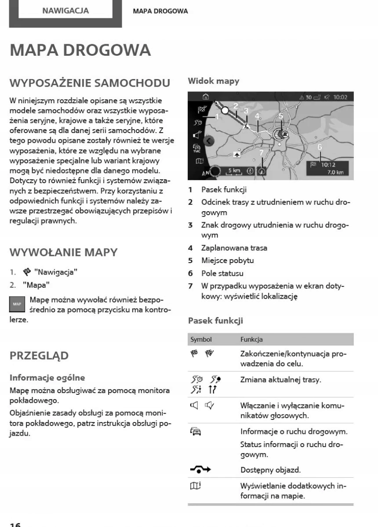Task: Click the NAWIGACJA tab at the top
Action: (65, 11)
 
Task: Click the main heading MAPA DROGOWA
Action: (80, 50)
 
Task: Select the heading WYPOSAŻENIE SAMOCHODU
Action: (90, 83)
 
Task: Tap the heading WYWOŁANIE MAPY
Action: (63, 253)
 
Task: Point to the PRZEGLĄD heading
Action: (39, 356)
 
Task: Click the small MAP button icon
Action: (17, 304)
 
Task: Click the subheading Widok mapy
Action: (213, 81)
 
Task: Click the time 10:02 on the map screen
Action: (340, 97)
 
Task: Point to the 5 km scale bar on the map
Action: (234, 171)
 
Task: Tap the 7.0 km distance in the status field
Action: (335, 173)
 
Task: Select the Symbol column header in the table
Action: (201, 339)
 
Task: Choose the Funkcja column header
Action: (251, 339)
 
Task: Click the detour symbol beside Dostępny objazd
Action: (200, 469)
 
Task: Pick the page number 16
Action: (15, 524)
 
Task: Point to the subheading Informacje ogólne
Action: (47, 377)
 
